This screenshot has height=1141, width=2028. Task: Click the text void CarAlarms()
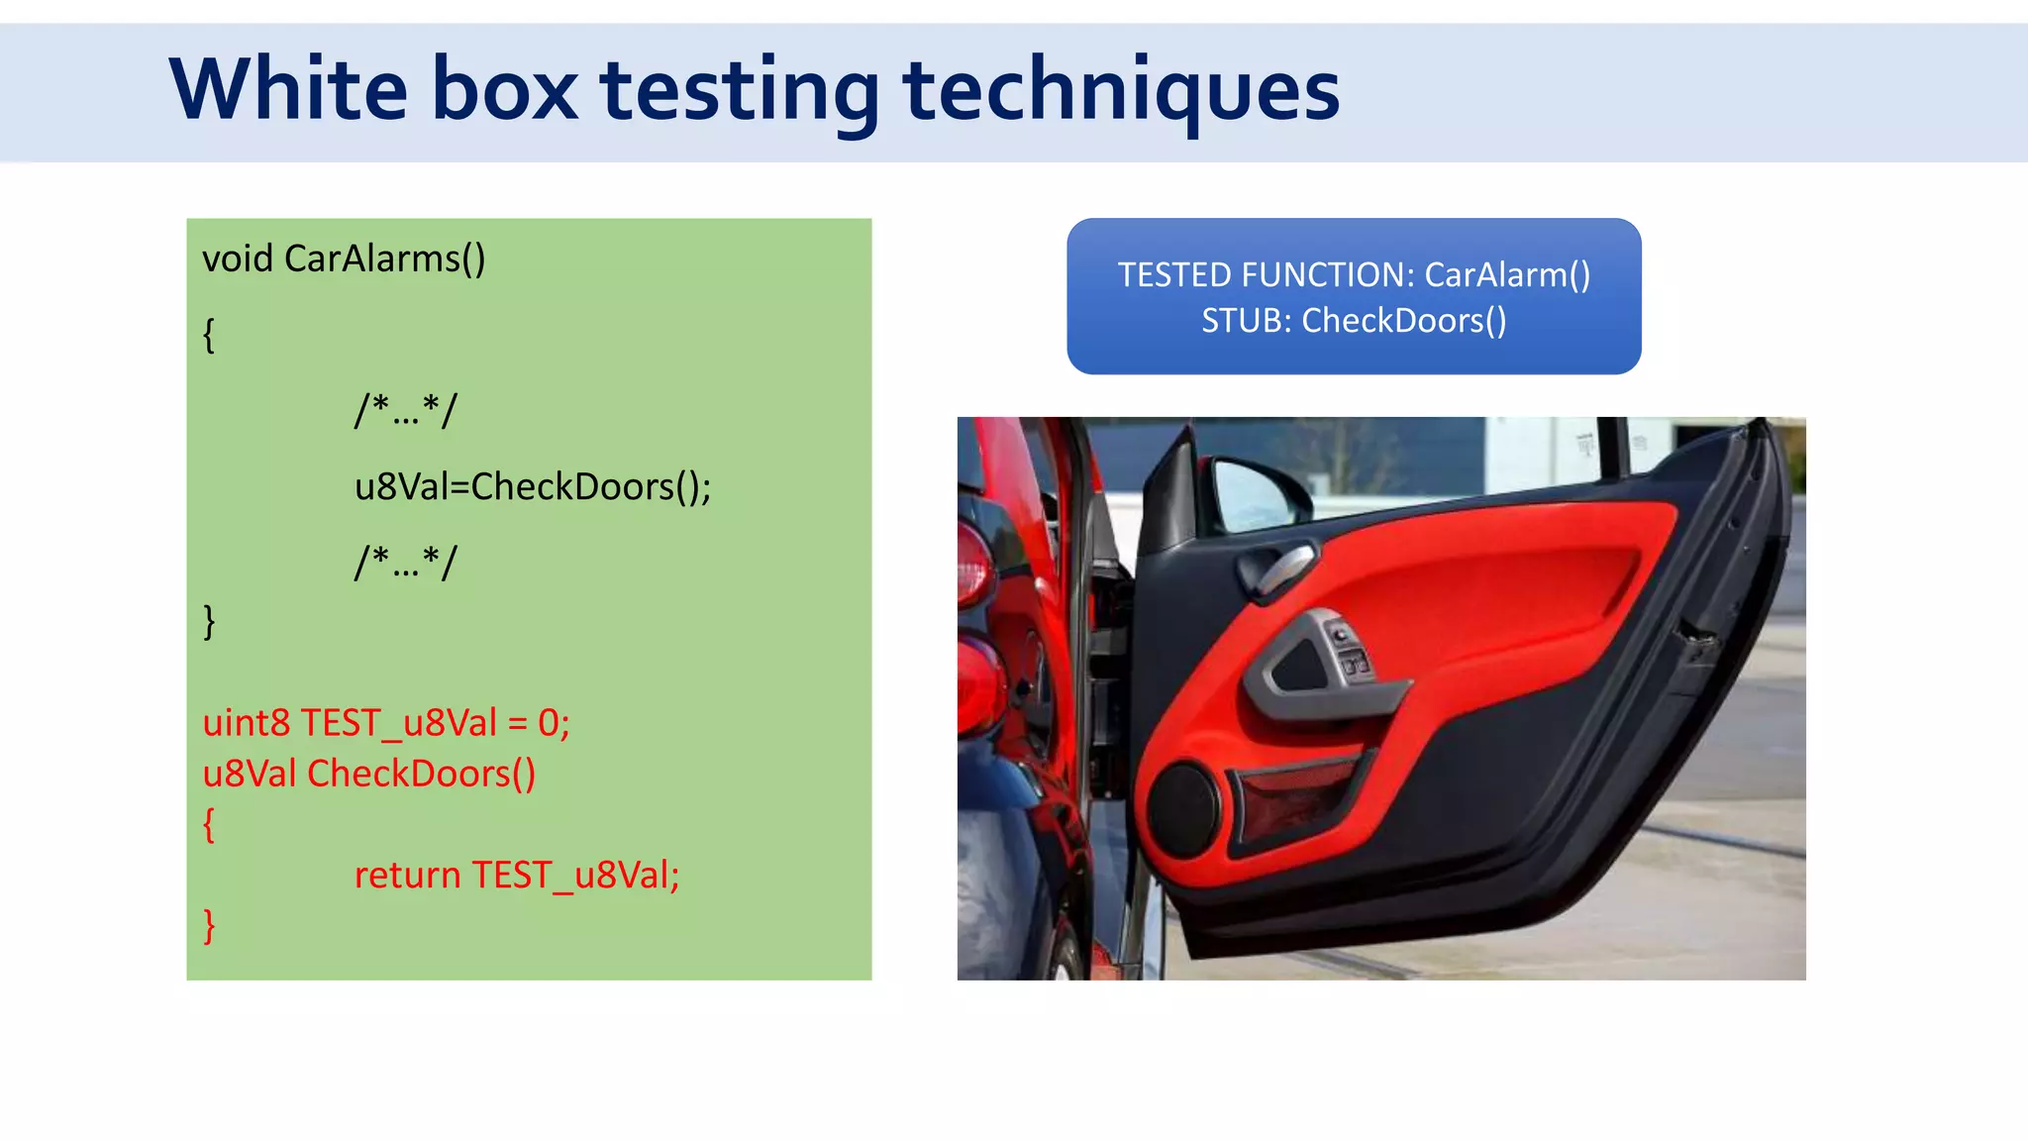click(x=344, y=259)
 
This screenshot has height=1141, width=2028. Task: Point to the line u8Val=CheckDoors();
click(x=533, y=486)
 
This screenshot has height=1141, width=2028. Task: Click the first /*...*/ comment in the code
click(x=406, y=409)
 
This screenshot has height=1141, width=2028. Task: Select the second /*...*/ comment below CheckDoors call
click(x=406, y=563)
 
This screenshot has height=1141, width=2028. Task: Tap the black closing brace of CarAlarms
click(x=209, y=621)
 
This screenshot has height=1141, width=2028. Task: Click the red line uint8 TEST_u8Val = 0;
click(x=386, y=723)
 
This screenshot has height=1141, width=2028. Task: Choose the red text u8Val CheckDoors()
click(x=368, y=774)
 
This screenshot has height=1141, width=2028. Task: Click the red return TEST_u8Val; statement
click(x=517, y=876)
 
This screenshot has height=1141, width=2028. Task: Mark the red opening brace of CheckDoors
click(x=209, y=824)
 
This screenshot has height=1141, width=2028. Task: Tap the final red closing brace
click(x=209, y=925)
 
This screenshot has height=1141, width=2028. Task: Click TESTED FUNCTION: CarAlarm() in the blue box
click(x=1354, y=274)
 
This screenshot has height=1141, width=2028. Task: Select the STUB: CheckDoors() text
click(x=1354, y=321)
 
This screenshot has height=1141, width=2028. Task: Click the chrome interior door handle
click(x=1277, y=570)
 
